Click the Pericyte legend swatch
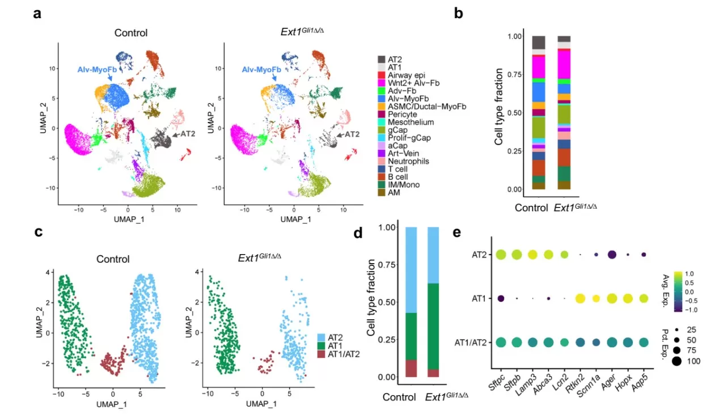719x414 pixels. pos(382,113)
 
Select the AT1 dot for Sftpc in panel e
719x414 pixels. pos(501,298)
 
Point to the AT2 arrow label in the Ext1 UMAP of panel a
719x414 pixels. pos(352,134)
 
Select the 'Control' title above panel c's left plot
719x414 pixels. pos(112,259)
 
